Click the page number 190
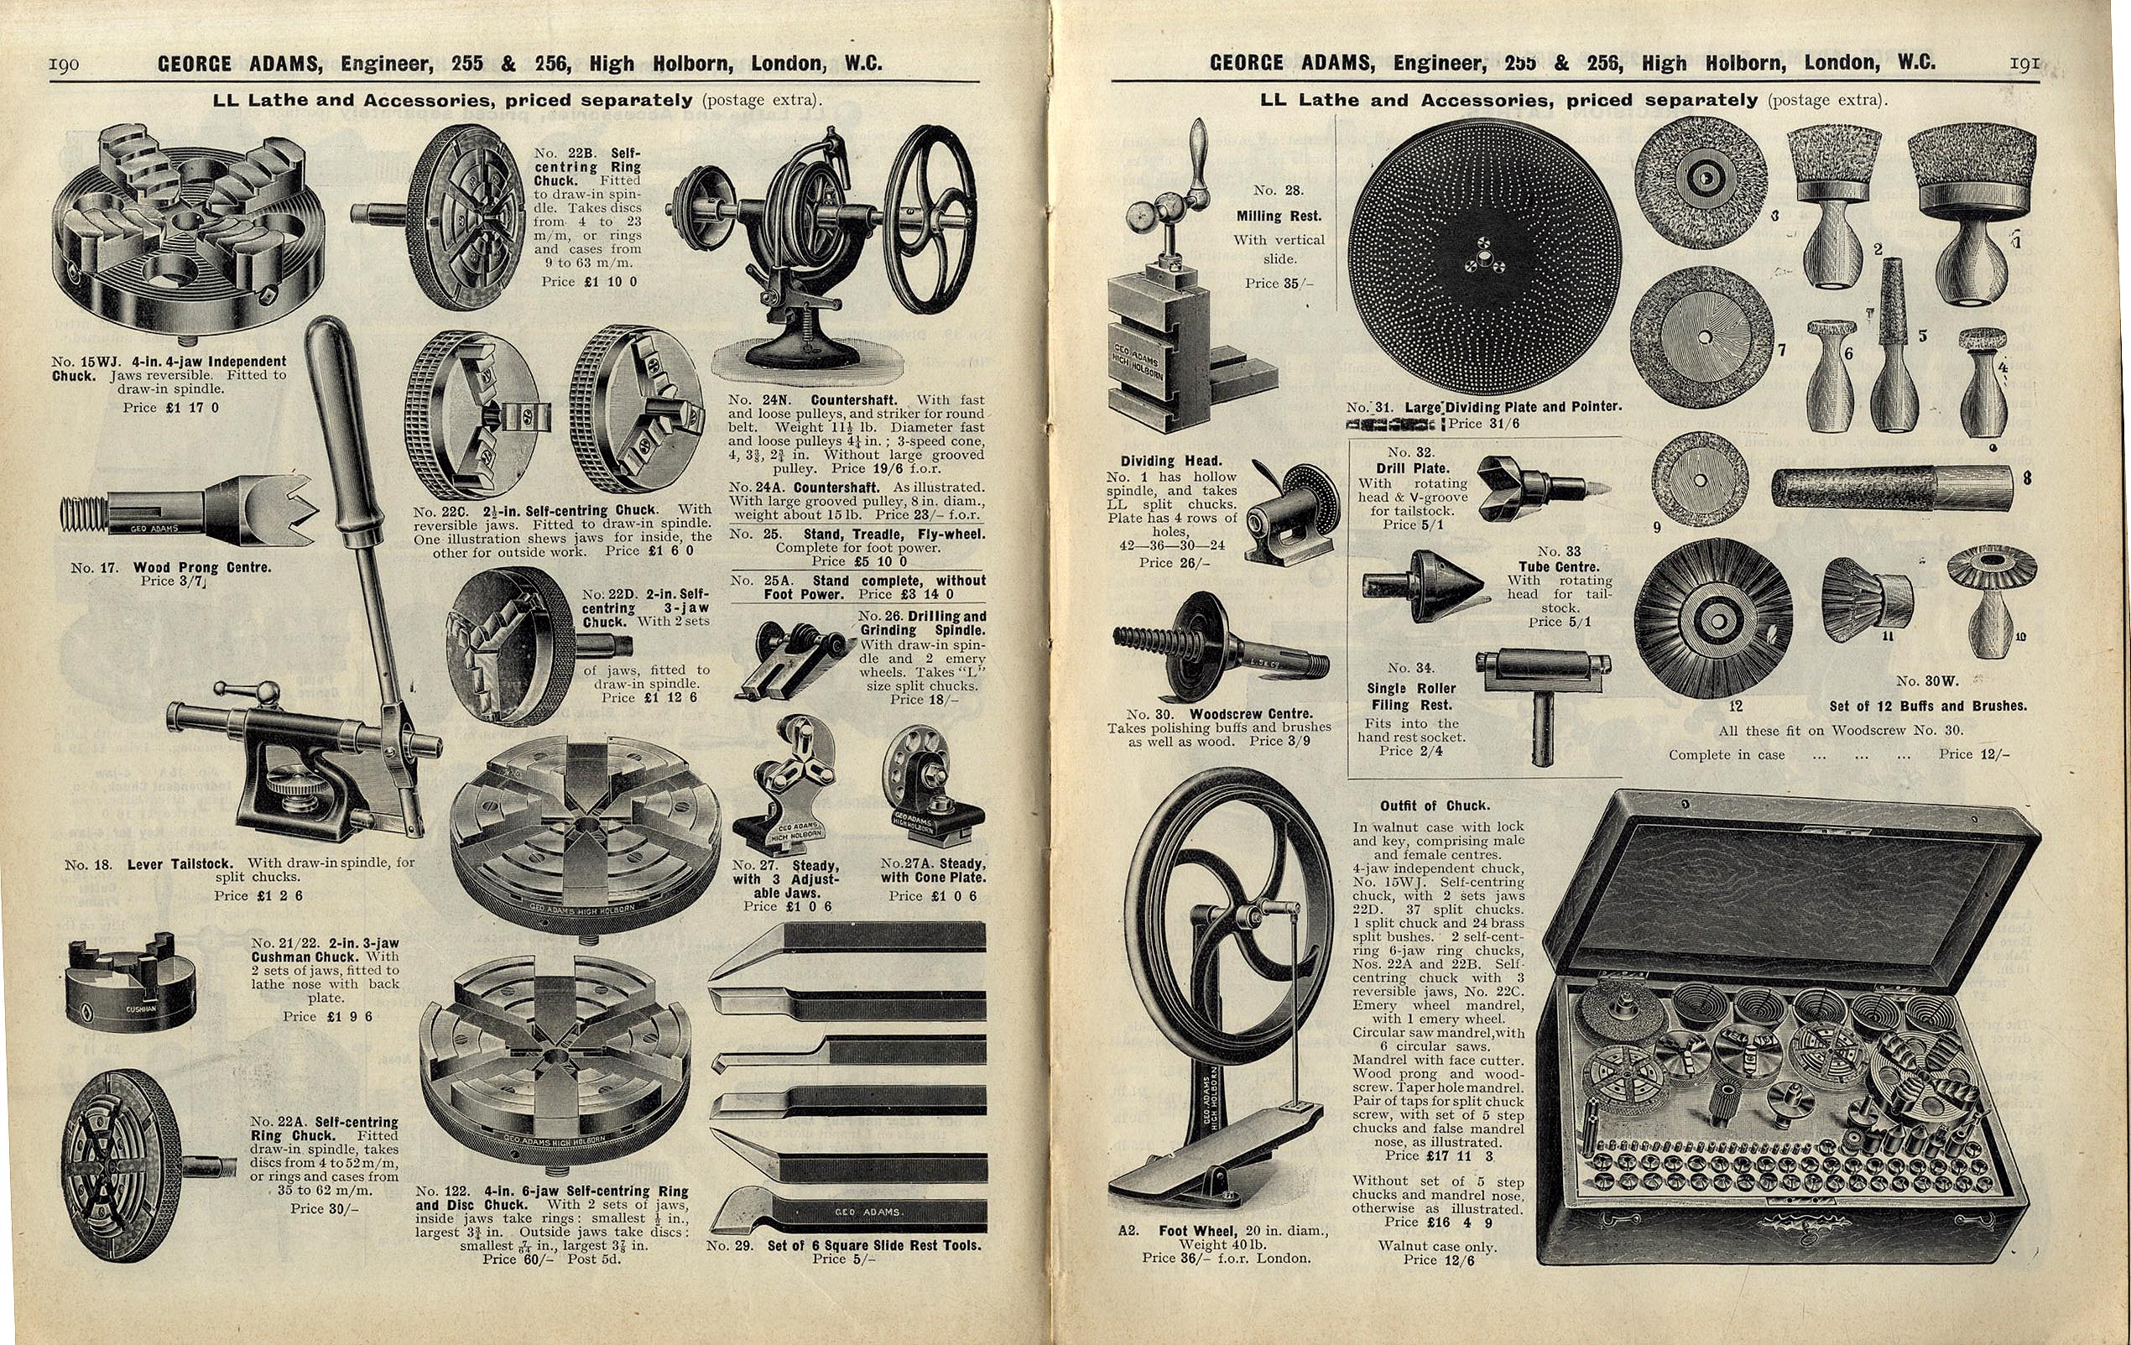point(64,64)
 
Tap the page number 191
point(2024,63)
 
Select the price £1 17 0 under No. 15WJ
point(171,408)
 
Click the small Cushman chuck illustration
point(132,983)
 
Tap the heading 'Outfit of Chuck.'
point(1435,806)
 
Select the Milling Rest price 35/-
point(1279,283)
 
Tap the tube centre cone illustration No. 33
point(1423,586)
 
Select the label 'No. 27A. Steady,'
point(932,864)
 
